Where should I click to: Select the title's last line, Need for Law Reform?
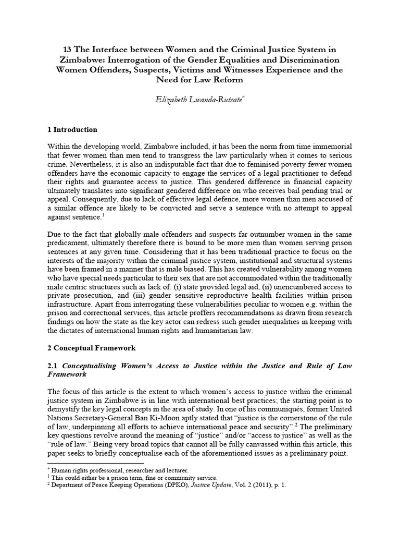tap(199, 81)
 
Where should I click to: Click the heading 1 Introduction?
tap(72, 129)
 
